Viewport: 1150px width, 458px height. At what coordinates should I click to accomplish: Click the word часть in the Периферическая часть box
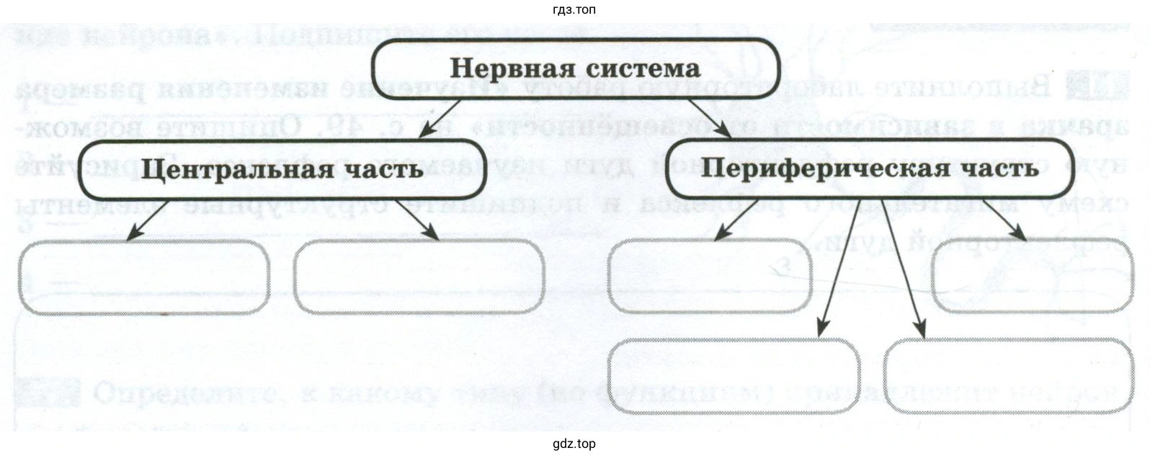996,167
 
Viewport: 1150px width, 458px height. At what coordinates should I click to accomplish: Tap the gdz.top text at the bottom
574,444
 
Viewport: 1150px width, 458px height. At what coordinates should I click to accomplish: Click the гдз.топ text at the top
574,9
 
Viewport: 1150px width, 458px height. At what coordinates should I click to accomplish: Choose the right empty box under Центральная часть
419,277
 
